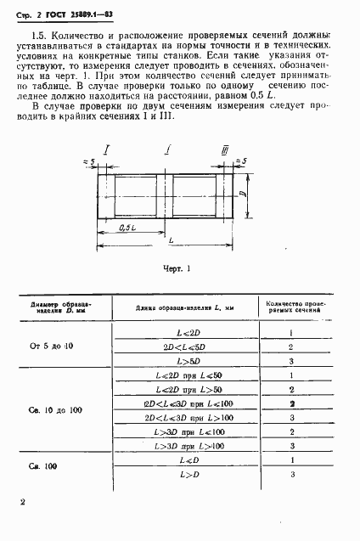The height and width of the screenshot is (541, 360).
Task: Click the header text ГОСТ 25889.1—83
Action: click(65, 11)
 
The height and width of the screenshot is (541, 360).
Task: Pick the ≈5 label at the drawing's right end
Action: click(242, 160)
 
